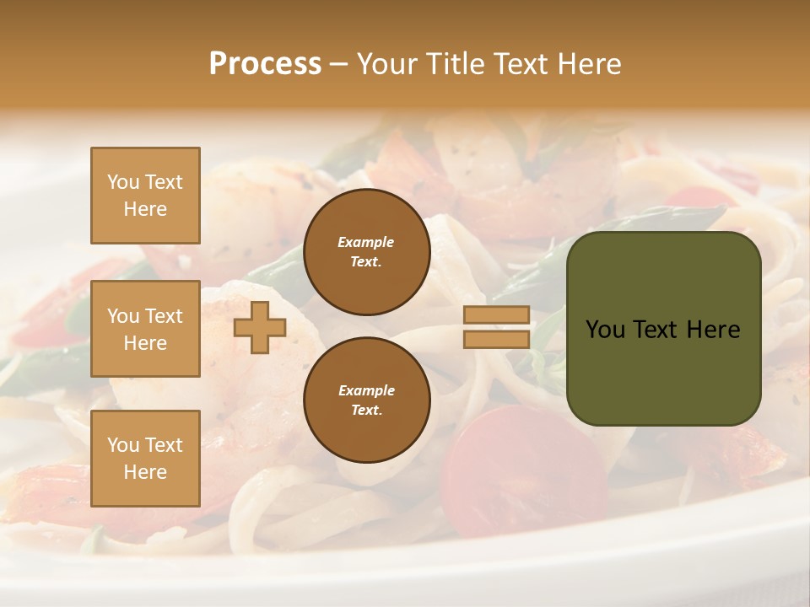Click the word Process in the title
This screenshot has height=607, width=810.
pyautogui.click(x=265, y=64)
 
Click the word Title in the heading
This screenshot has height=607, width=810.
pyautogui.click(x=454, y=64)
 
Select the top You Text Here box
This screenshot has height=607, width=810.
pyautogui.click(x=145, y=196)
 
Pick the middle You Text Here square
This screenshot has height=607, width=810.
pyautogui.click(x=145, y=329)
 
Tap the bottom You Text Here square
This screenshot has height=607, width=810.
pyautogui.click(x=145, y=459)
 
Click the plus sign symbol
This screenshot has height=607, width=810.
pyautogui.click(x=260, y=327)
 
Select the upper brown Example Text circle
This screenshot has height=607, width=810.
pyautogui.click(x=367, y=252)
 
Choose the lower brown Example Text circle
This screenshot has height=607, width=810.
pyautogui.click(x=367, y=400)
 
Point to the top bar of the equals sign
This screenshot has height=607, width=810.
pyautogui.click(x=497, y=315)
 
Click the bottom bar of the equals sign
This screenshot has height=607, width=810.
pyautogui.click(x=497, y=339)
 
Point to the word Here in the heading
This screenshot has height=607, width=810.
pyautogui.click(x=589, y=64)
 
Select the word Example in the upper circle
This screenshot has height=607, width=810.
pyautogui.click(x=366, y=242)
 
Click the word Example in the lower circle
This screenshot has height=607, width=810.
pyautogui.click(x=366, y=390)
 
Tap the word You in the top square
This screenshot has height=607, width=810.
pyautogui.click(x=123, y=182)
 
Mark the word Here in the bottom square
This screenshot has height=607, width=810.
pyautogui.click(x=145, y=472)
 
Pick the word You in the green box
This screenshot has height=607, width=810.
pyautogui.click(x=605, y=330)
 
